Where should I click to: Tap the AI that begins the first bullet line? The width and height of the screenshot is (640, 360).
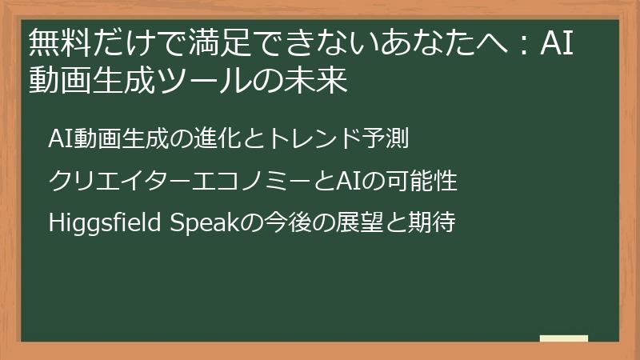(58, 138)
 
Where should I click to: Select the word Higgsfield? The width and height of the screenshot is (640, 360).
(106, 223)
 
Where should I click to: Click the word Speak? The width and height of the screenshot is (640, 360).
(199, 223)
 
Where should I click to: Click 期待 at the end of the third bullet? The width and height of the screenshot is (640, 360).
(432, 223)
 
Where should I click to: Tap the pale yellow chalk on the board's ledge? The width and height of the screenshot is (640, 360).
(563, 338)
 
